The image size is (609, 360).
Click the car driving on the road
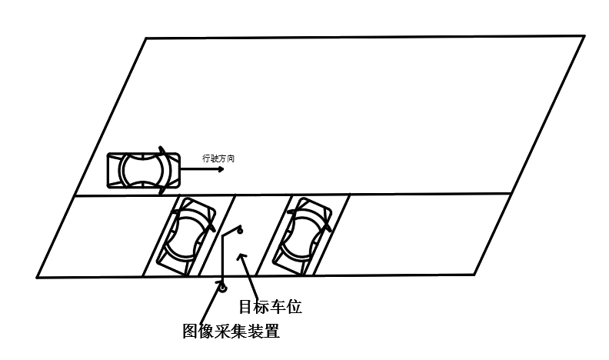pyautogui.click(x=143, y=168)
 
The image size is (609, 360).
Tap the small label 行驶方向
pyautogui.click(x=218, y=158)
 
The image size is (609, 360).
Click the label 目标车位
pyautogui.click(x=270, y=307)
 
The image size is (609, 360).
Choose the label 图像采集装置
pyautogui.click(x=230, y=332)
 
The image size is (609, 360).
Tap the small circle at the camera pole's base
pyautogui.click(x=221, y=288)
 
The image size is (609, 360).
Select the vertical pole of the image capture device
pyautogui.click(x=222, y=262)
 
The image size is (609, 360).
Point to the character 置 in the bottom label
pyautogui.click(x=269, y=332)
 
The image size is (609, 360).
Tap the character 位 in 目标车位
pyautogui.click(x=293, y=307)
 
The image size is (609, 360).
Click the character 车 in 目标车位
pyautogui.click(x=278, y=307)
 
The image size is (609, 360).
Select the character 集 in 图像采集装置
pyautogui.click(x=238, y=332)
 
